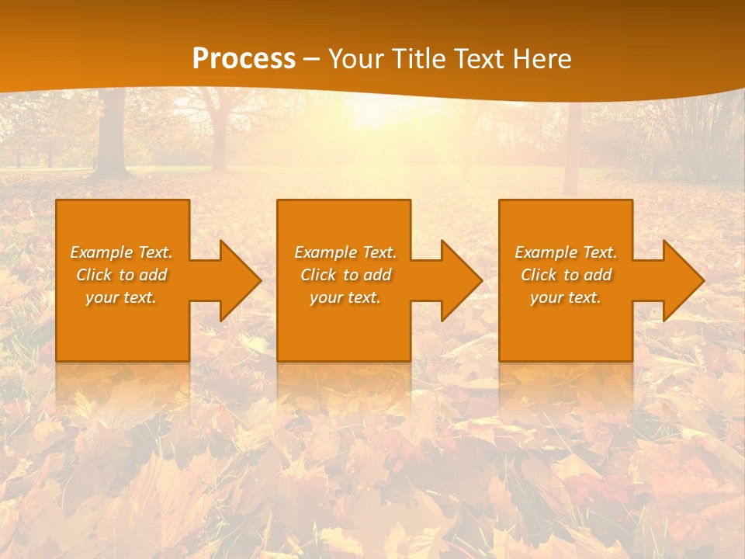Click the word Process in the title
(244, 59)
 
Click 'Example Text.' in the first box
(121, 252)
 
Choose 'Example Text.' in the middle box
(345, 252)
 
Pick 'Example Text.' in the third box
(566, 252)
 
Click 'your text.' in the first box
(121, 297)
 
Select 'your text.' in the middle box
(345, 297)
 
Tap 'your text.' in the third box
(566, 297)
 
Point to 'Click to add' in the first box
(121, 275)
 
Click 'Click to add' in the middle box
(345, 275)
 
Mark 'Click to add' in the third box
(566, 275)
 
